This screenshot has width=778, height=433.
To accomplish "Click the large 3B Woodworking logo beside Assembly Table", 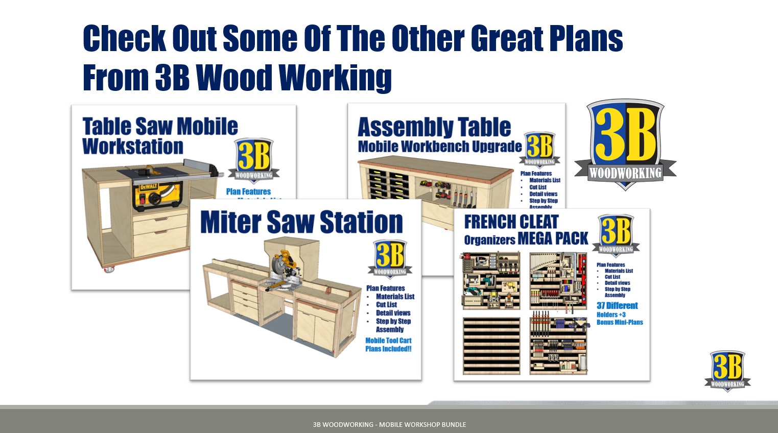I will pos(625,143).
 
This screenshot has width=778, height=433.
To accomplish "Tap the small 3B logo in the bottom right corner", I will pos(727,370).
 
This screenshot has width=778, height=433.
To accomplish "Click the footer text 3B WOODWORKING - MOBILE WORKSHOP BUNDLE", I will pos(389,424).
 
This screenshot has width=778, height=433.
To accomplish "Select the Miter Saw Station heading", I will pos(301,223).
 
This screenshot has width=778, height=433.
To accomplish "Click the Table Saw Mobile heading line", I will pos(160,126).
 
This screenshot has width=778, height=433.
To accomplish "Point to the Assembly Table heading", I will pos(434,127).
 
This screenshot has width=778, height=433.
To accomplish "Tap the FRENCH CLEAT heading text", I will pos(511,222).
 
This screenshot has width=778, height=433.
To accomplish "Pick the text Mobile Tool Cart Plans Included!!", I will pos(388,345).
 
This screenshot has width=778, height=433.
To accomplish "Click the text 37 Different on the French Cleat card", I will pos(617,306).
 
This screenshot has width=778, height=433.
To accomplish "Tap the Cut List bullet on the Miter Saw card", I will pos(386,305).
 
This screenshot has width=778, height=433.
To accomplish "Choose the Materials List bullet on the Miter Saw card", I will pos(395,297).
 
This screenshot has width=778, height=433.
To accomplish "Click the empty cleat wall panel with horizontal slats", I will pos(491,346).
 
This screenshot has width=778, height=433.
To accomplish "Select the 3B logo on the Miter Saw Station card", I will pos(390,258).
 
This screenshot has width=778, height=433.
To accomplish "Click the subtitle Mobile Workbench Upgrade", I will pos(439,147).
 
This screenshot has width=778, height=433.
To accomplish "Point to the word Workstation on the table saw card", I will pos(133,147).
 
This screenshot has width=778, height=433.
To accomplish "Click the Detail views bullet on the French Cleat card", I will pos(617,283).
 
